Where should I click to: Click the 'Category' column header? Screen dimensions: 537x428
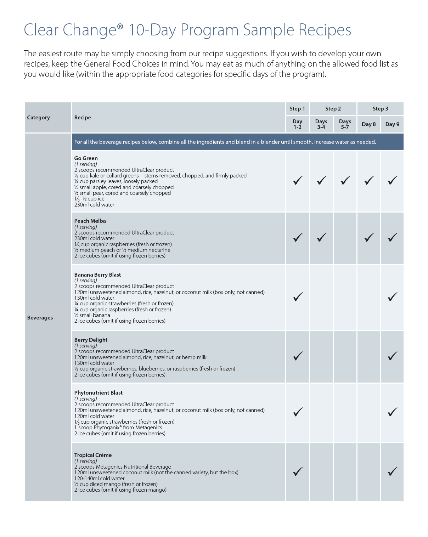pyautogui.click(x=39, y=118)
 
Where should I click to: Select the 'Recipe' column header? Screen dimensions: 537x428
pyautogui.click(x=83, y=118)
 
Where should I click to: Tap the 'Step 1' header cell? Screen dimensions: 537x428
pyautogui.click(x=297, y=109)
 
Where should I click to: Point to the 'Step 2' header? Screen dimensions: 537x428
pyautogui.click(x=333, y=109)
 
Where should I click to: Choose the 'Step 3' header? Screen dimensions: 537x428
pyautogui.click(x=380, y=109)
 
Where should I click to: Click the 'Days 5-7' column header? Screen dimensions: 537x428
pyautogui.click(x=345, y=124)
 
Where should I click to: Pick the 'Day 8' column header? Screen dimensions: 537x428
pyautogui.click(x=368, y=124)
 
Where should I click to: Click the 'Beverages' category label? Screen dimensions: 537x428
pyautogui.click(x=40, y=318)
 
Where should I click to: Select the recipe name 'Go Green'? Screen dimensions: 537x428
pyautogui.click(x=86, y=158)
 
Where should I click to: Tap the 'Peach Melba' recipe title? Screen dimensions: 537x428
pyautogui.click(x=90, y=221)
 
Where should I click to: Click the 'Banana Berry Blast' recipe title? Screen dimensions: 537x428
pyautogui.click(x=98, y=275)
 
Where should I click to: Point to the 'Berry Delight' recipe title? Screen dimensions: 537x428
pyautogui.click(x=91, y=340)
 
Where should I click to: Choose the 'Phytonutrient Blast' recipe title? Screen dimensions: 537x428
pyautogui.click(x=98, y=393)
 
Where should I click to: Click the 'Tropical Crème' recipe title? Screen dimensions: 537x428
pyautogui.click(x=93, y=455)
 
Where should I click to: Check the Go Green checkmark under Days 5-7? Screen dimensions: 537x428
pyautogui.click(x=345, y=181)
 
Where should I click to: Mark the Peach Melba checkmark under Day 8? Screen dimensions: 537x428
pyautogui.click(x=369, y=237)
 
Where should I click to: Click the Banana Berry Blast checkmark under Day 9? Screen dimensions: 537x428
pyautogui.click(x=393, y=297)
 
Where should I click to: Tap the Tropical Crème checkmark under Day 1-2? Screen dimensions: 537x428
pyautogui.click(x=298, y=471)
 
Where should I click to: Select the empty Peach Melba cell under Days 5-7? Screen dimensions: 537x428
pyautogui.click(x=345, y=238)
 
